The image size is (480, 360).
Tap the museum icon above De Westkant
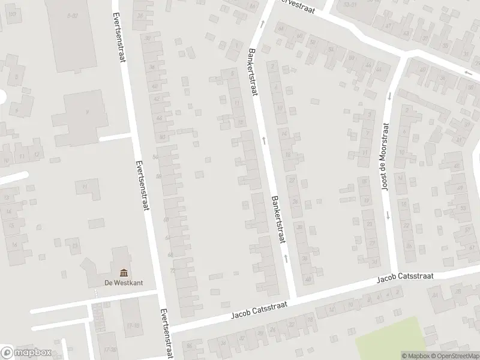[x=124, y=272]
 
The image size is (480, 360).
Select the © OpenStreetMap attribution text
[x=454, y=356]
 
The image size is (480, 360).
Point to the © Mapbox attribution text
[x=416, y=356]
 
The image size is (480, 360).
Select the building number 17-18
[x=133, y=325]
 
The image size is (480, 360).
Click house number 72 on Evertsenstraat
[x=172, y=271]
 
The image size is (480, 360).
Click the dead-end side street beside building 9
[x=114, y=138]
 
